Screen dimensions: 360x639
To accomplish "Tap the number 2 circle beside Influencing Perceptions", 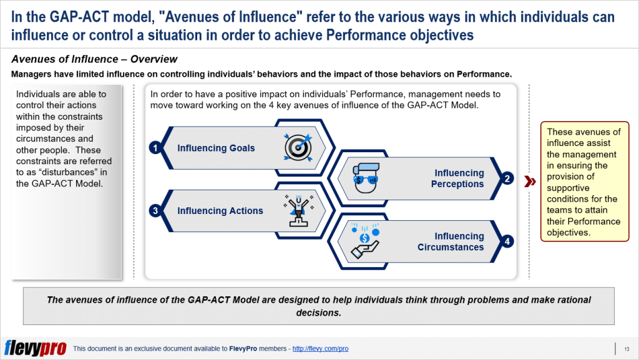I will [x=508, y=179].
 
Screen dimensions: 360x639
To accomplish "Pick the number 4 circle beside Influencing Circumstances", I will [x=508, y=241].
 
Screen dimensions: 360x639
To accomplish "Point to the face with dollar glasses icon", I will [x=364, y=176].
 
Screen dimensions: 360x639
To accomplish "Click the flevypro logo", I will [x=35, y=348].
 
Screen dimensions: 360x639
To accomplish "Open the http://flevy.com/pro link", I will [x=320, y=348].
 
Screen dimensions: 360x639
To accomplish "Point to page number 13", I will [x=626, y=348].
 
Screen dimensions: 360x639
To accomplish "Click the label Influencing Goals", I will [x=216, y=148].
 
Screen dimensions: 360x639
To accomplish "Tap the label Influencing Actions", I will [x=220, y=211].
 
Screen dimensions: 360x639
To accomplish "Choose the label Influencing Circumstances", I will [x=451, y=241].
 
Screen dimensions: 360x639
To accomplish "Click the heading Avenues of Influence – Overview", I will [x=94, y=59].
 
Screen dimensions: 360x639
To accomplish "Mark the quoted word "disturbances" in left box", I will [x=67, y=172].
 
